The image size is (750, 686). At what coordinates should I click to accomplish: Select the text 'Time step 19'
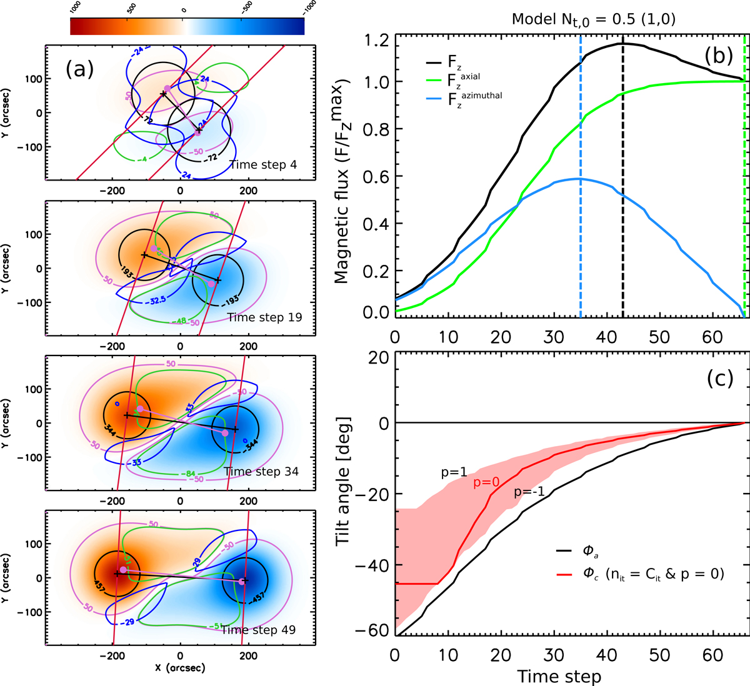(264, 317)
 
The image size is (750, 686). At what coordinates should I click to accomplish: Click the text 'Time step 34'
(261, 471)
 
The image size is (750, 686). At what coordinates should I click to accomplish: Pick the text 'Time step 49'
(258, 629)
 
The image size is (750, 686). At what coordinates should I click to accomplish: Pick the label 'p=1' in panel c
(454, 473)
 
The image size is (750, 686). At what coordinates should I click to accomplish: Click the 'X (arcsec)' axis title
(181, 668)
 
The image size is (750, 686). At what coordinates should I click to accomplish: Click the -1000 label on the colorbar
(308, 8)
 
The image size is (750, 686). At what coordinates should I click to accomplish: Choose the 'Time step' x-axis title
(559, 676)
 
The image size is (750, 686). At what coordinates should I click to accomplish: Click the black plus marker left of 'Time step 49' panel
(117, 574)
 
